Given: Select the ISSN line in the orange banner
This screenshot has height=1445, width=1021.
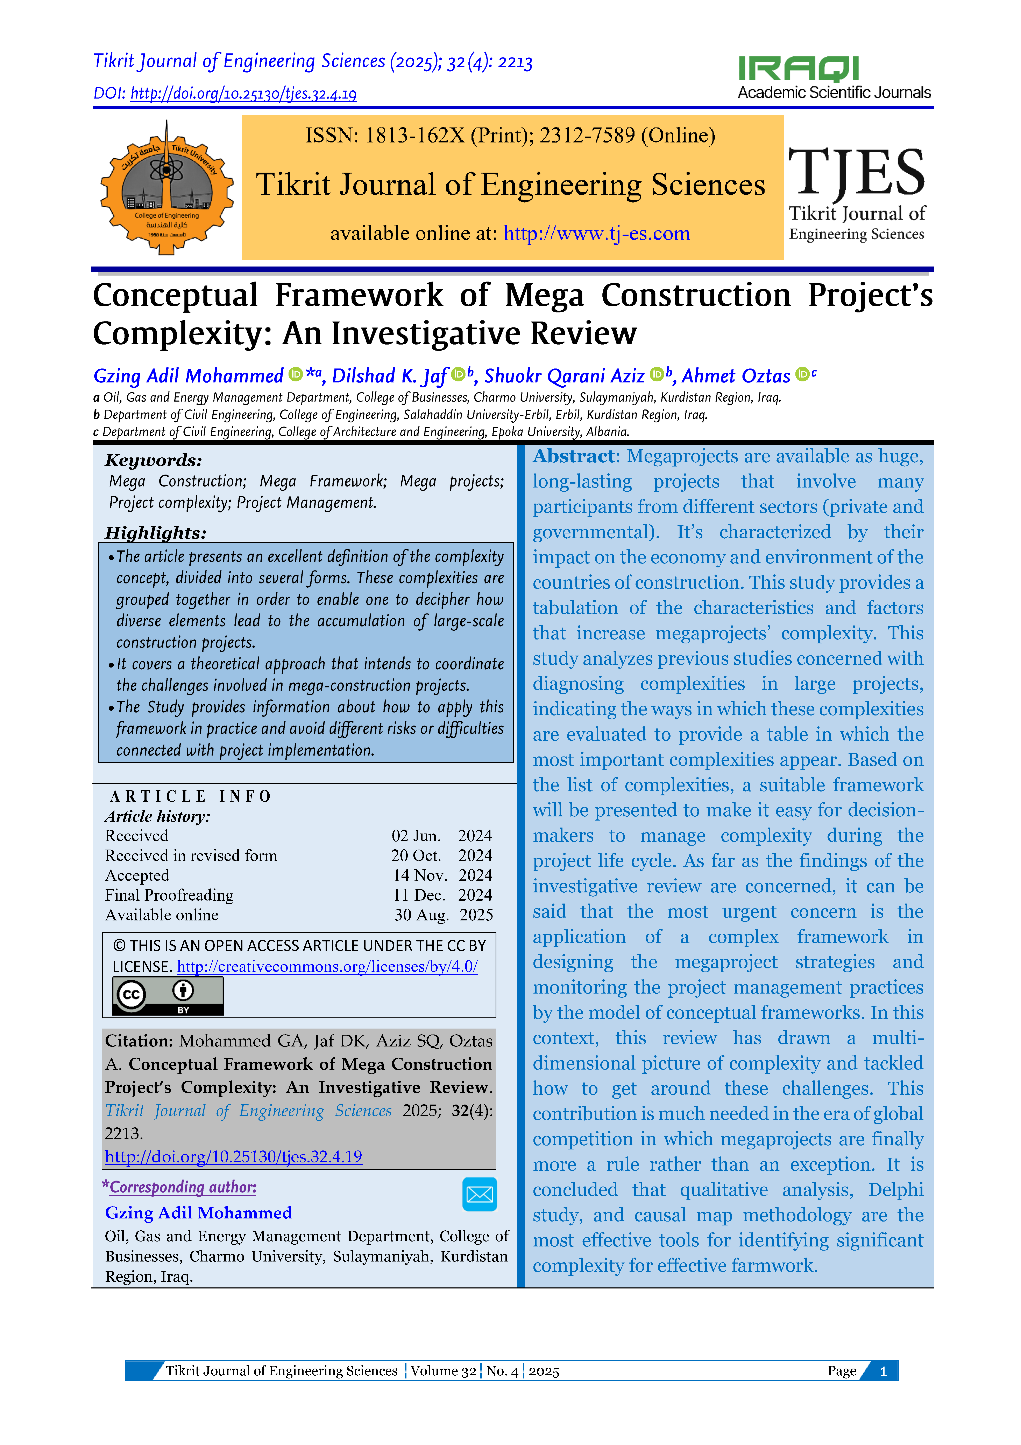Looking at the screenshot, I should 510,135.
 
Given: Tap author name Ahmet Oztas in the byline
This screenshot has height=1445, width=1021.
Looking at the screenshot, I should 736,376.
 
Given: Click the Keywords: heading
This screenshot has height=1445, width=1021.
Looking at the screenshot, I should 154,460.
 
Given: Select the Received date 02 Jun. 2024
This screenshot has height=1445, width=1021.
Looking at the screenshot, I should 442,836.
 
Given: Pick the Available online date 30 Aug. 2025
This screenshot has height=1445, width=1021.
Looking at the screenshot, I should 444,915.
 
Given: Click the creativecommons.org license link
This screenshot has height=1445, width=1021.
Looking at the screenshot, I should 327,967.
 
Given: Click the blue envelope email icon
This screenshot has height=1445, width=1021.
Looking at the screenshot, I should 479,1194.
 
